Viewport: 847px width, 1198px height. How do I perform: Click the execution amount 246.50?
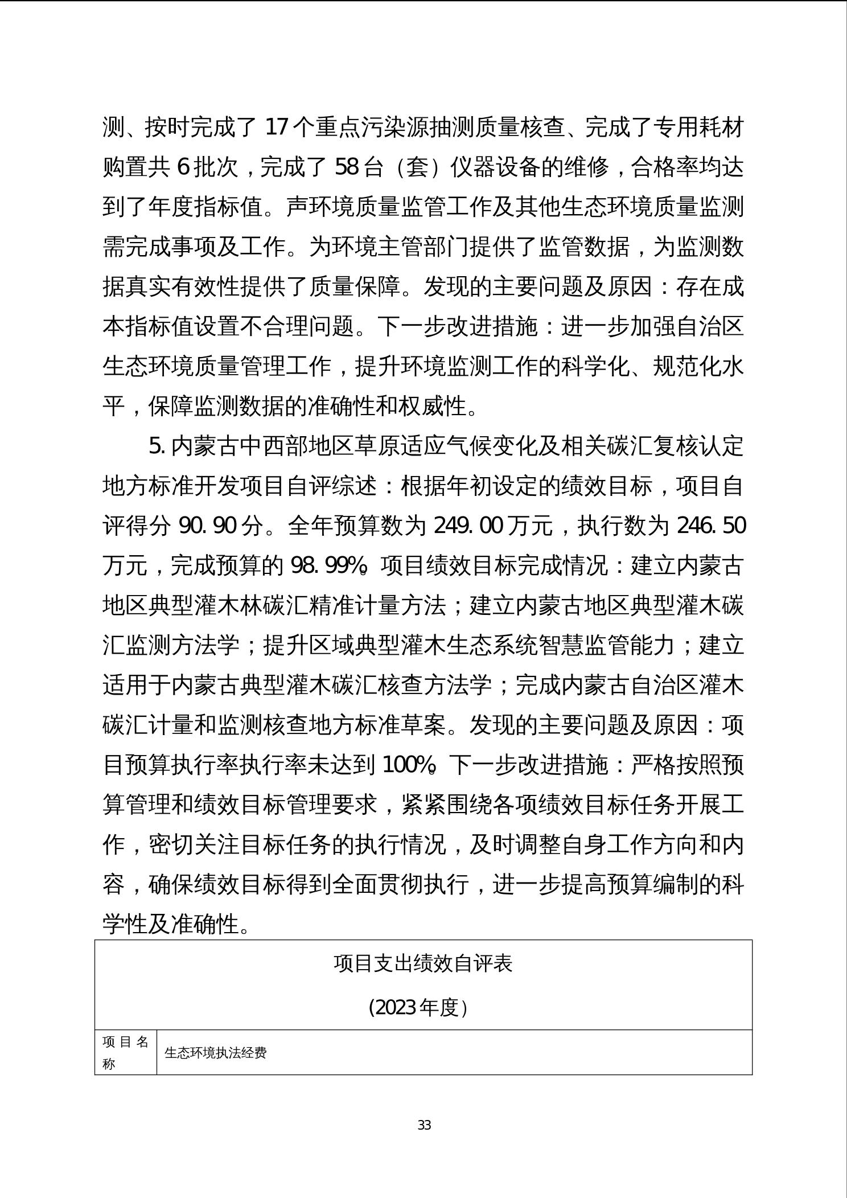[x=711, y=526]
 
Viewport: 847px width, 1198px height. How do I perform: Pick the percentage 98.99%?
[x=328, y=565]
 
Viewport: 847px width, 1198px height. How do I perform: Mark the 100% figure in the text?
[x=409, y=765]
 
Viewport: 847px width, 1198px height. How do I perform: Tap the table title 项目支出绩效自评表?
[x=423, y=963]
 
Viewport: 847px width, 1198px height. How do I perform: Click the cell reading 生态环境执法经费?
[x=216, y=1053]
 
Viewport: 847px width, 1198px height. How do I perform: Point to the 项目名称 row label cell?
[x=125, y=1052]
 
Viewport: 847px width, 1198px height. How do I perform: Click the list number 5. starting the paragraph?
[x=157, y=446]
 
